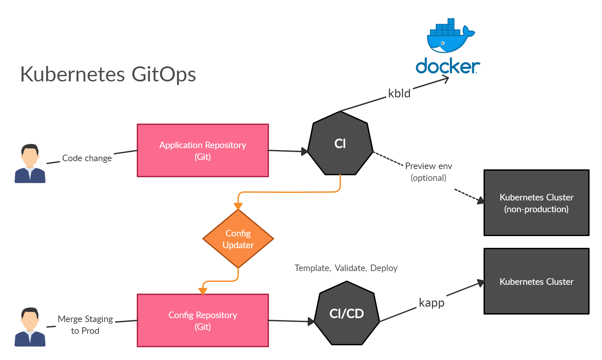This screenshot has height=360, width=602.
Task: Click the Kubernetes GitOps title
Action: click(108, 74)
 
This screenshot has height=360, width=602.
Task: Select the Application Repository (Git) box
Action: click(203, 150)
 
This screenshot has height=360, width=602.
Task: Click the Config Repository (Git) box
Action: click(203, 320)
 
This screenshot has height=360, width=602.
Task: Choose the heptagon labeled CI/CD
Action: click(346, 314)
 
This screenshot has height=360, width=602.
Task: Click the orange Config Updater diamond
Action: click(238, 239)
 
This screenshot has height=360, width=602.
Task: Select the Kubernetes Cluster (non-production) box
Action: click(536, 203)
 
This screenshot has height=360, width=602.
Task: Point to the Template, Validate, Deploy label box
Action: click(356, 268)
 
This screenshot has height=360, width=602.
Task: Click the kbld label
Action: click(399, 94)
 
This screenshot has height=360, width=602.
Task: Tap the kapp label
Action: click(432, 303)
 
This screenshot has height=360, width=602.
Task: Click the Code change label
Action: click(87, 158)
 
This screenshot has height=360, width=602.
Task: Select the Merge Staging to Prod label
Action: click(85, 325)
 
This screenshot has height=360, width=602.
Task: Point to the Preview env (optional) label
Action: click(429, 172)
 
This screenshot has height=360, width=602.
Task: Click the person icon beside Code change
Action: click(30, 163)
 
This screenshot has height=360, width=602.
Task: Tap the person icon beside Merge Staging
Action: click(30, 327)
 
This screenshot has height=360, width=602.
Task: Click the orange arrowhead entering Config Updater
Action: click(238, 206)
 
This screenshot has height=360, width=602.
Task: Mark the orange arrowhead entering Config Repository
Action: click(203, 291)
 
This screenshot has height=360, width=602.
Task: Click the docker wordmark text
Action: click(448, 66)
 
